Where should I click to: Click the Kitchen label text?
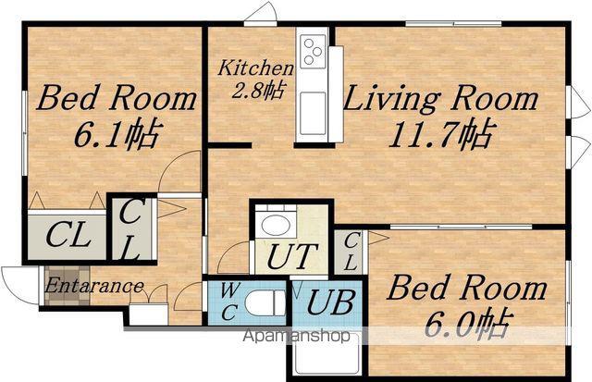click(255, 68)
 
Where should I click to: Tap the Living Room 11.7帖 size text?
click(440, 135)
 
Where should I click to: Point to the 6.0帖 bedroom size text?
click(468, 325)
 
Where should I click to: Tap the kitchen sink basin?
click(313, 113)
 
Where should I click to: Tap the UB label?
click(330, 302)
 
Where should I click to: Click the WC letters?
click(229, 302)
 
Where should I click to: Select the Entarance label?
click(94, 286)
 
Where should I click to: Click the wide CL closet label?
click(68, 234)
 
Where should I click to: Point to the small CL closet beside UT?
click(350, 252)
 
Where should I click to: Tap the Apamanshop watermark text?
click(296, 335)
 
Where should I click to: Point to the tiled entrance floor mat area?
click(68, 286)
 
